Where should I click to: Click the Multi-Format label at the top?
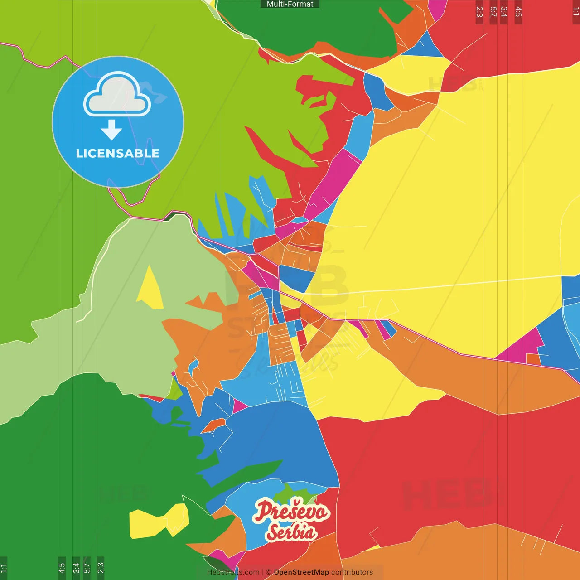(x=290, y=4)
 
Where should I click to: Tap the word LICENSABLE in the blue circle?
(x=117, y=153)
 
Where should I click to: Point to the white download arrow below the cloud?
(x=111, y=130)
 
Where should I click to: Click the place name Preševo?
(x=291, y=511)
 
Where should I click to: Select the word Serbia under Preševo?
(x=291, y=532)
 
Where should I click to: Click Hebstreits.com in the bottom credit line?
(x=233, y=572)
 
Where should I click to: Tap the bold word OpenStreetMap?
(x=301, y=572)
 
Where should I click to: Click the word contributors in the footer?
(x=352, y=572)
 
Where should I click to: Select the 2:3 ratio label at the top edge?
(x=479, y=12)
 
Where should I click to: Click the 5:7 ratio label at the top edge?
(x=493, y=12)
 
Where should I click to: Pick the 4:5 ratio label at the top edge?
(x=518, y=12)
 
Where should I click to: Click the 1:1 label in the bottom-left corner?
(x=4, y=568)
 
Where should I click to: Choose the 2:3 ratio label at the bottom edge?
(x=101, y=568)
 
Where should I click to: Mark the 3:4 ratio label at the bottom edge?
(x=76, y=568)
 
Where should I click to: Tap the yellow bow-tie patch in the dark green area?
(x=159, y=521)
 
